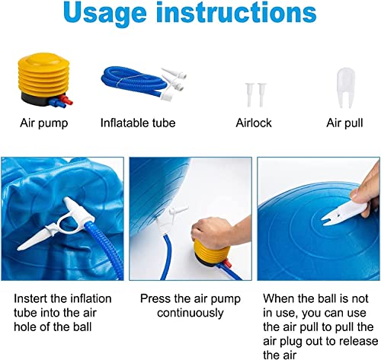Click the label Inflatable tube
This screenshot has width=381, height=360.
[x=138, y=122]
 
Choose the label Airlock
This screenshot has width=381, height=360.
[x=253, y=122]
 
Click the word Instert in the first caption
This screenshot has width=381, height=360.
[x=27, y=299]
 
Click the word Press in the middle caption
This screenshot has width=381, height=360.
[x=155, y=299]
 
